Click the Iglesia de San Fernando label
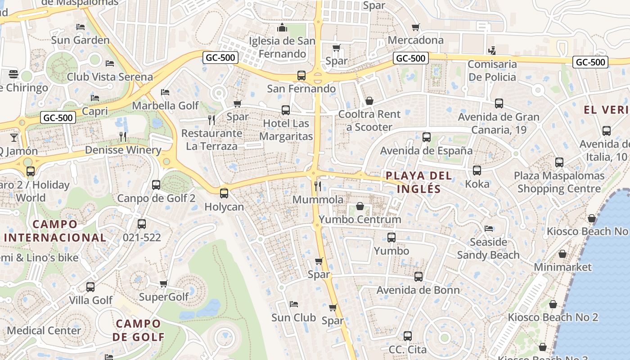282,47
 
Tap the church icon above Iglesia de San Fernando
282,28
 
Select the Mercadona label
415,40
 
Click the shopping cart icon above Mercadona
415,27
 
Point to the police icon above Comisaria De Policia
492,50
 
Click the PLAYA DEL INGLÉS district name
418,182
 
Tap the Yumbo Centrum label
360,220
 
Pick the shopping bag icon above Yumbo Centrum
360,206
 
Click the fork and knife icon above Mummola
318,186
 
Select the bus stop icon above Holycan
224,193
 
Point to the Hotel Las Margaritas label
286,130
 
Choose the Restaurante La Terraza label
211,139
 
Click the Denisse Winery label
123,150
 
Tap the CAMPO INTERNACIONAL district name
55,230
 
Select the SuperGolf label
164,297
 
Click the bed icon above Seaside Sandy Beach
488,229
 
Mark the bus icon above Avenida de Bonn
418,277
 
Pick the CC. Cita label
407,349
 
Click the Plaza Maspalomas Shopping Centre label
559,182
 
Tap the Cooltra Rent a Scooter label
369,121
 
